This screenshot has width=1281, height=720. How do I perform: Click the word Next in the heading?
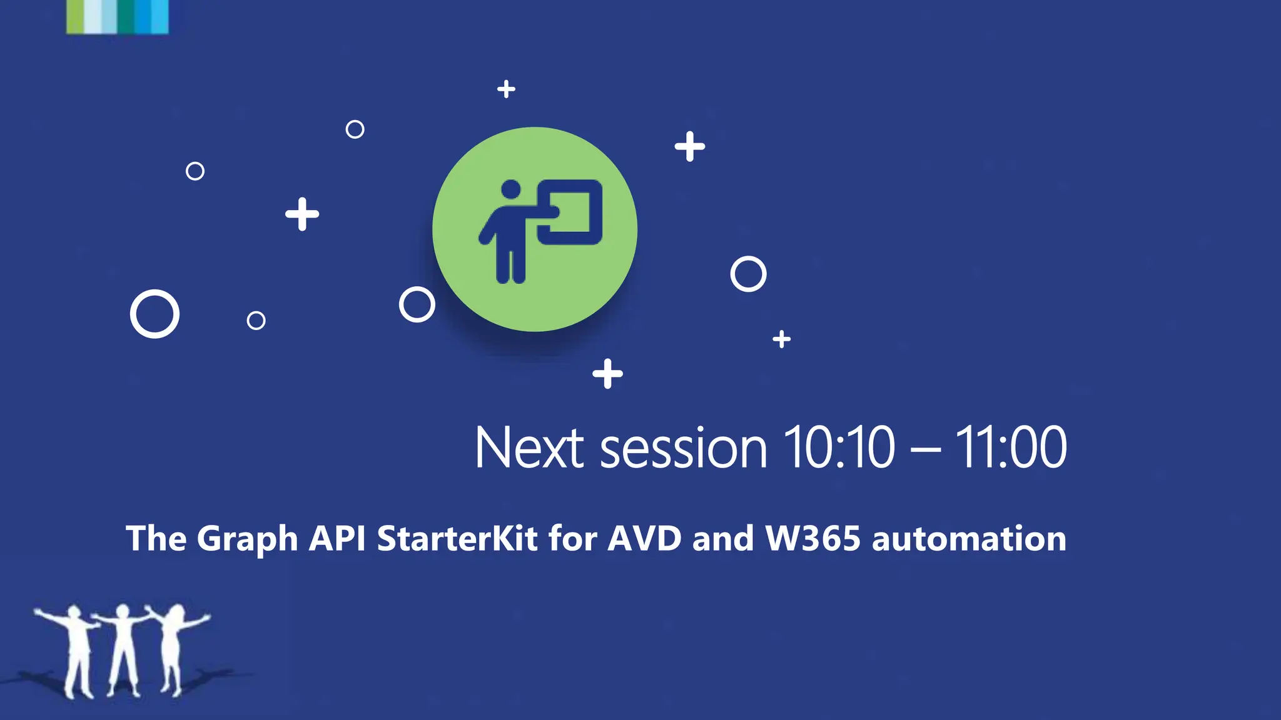point(529,447)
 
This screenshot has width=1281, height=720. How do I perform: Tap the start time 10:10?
point(839,447)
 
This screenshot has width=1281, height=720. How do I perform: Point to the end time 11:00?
point(1010,447)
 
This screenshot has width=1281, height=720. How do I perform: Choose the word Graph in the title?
point(247,539)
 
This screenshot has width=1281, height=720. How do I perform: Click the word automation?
point(969,539)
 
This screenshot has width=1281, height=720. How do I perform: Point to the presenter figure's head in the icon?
point(511,189)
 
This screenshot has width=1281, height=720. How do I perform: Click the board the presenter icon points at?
point(570,212)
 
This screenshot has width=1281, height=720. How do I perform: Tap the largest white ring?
point(154,314)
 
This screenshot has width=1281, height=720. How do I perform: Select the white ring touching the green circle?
point(417,304)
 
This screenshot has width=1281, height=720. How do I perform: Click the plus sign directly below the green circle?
point(607,374)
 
